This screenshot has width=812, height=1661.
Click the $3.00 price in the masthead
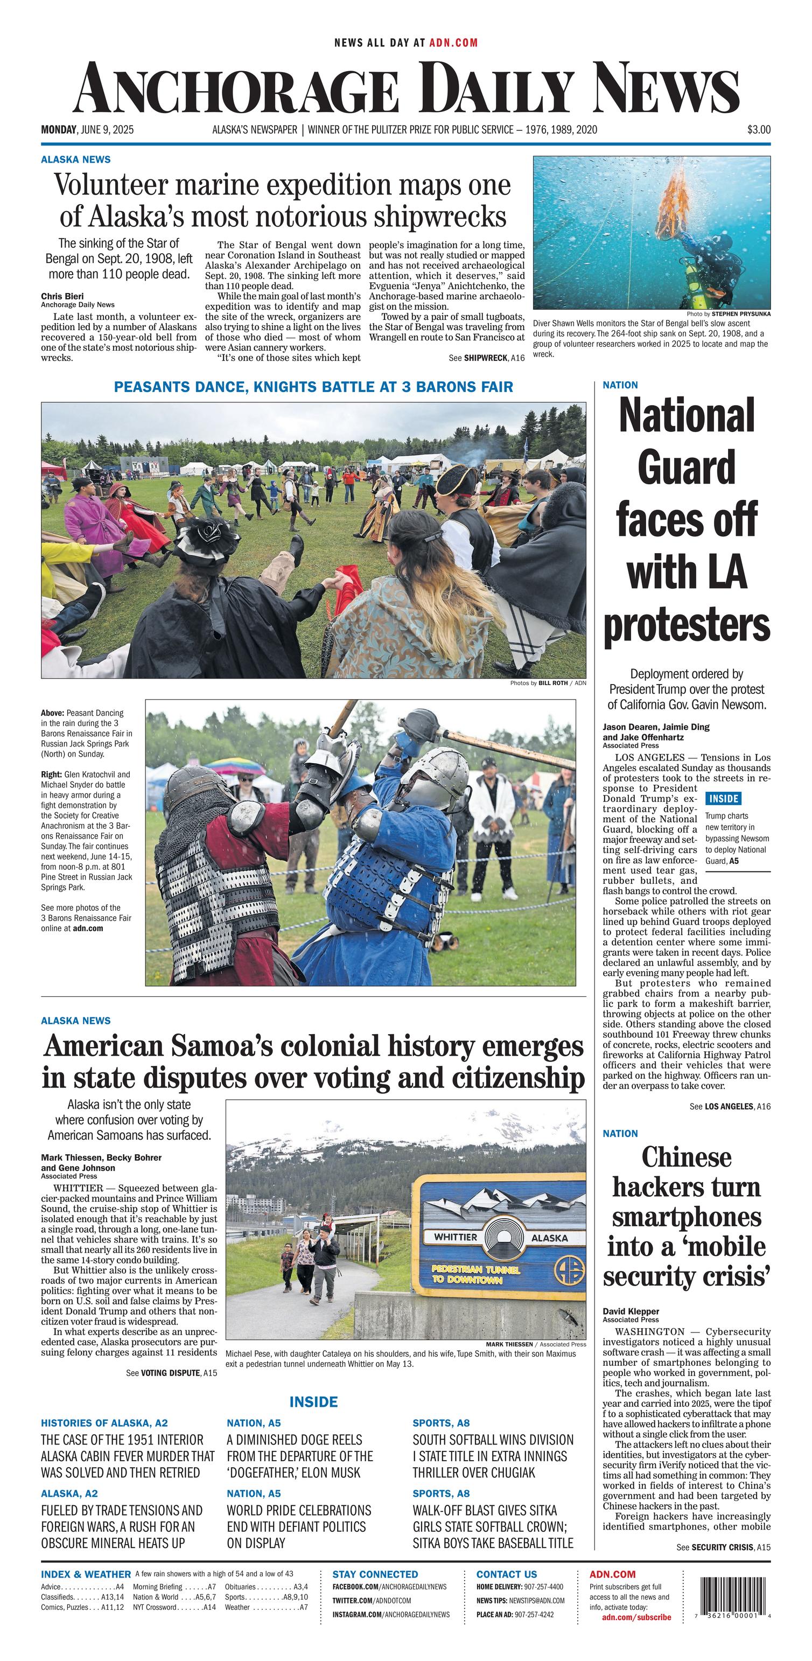point(759,130)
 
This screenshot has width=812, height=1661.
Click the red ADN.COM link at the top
point(454,43)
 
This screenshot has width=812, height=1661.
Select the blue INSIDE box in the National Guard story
point(723,798)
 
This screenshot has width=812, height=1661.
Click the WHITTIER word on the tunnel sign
point(455,1237)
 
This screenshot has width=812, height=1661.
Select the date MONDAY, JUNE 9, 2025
point(87,130)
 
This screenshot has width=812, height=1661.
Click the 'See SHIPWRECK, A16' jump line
point(487,358)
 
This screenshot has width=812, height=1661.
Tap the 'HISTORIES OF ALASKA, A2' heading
point(104,1423)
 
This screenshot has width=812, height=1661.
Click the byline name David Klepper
point(631,1311)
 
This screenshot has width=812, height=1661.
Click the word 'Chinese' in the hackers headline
point(687,1157)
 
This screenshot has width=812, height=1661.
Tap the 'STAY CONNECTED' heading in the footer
point(375,1574)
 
